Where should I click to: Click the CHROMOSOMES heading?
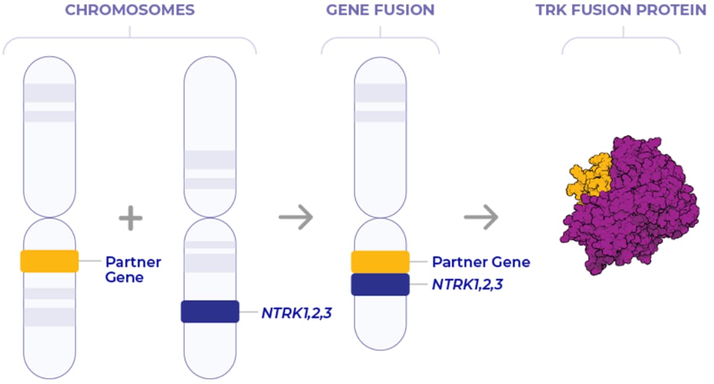129,10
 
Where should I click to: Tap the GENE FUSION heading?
380,10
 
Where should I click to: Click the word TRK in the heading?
550,10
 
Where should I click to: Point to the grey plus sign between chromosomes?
131,218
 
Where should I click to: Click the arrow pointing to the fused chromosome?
296,218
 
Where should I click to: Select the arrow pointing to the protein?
481,218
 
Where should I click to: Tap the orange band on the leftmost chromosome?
49,261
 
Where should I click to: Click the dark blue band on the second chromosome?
210,312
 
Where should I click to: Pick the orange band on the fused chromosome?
380,262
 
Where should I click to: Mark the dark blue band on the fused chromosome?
380,284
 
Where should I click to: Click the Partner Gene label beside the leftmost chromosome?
133,269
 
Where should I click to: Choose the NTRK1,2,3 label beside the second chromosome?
297,312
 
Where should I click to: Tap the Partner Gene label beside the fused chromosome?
481,262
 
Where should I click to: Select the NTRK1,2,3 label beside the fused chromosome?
467,284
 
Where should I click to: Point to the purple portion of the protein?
639,216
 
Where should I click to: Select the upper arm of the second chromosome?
210,137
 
